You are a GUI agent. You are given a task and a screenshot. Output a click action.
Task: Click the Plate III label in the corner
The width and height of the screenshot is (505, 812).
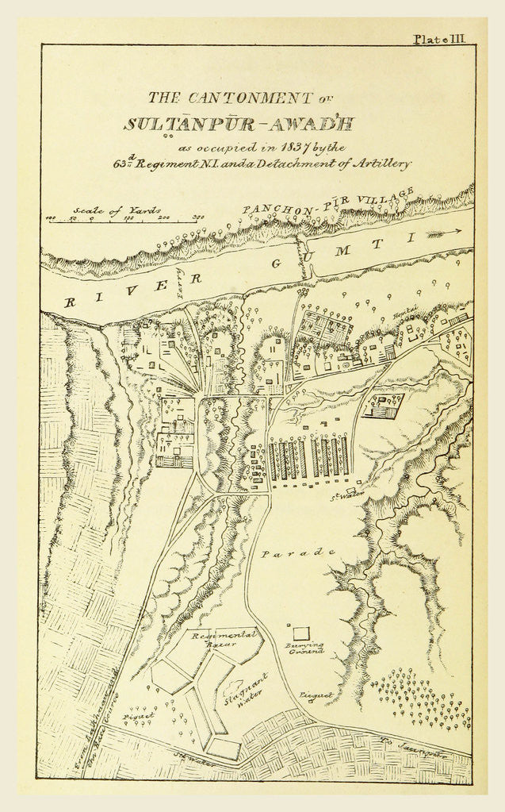(444, 39)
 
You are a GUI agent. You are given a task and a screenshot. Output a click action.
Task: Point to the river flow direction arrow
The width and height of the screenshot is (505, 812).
(445, 233)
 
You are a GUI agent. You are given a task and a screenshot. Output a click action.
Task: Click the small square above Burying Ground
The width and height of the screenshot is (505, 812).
(300, 633)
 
